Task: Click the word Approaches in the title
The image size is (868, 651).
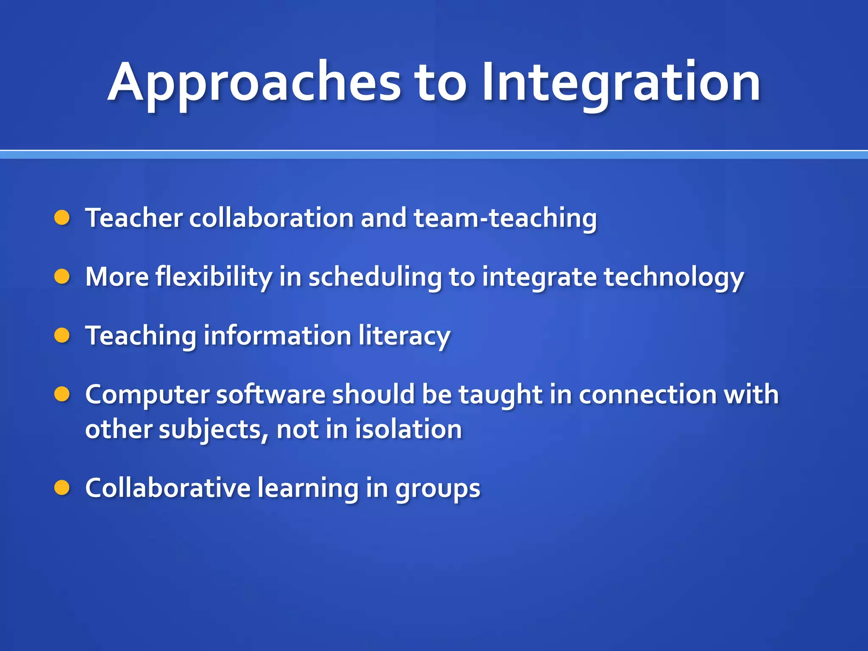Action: [254, 83]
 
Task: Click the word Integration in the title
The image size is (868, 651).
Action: [621, 83]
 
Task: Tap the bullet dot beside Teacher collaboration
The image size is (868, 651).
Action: [62, 218]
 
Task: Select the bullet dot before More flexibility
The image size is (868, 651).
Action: [62, 277]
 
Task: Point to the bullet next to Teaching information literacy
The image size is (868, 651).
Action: [62, 336]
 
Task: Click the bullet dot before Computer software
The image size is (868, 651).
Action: [62, 394]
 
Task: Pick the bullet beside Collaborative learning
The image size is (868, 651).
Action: [62, 488]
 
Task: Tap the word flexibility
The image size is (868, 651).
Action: [214, 277]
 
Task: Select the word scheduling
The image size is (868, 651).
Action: [375, 277]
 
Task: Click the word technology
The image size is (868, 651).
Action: [673, 277]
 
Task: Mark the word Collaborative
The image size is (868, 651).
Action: [168, 488]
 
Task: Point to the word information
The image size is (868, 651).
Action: [278, 336]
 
